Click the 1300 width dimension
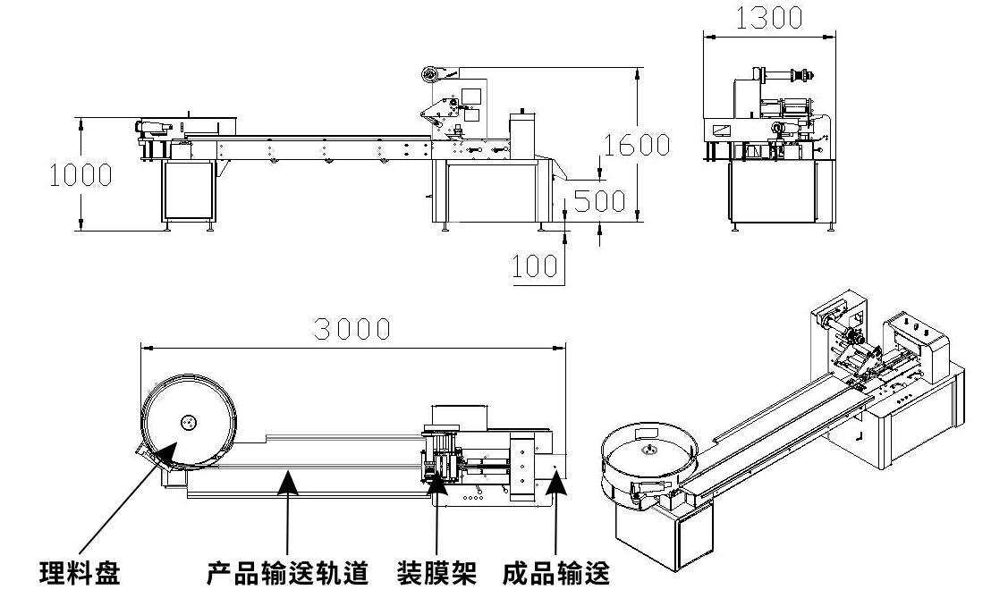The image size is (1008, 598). pos(768,18)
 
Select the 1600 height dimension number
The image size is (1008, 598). pos(636,144)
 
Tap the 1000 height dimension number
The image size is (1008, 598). pos(80,174)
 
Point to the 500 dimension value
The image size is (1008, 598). pos(599,200)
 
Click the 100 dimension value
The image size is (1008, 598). pos(535,265)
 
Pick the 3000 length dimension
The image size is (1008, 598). pos(352,329)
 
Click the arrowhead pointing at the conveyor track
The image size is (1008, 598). pos(287,482)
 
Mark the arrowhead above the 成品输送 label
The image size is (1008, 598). pos(555,483)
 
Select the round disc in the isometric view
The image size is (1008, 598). pos(648,454)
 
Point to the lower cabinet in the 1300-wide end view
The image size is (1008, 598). pos(771,192)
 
